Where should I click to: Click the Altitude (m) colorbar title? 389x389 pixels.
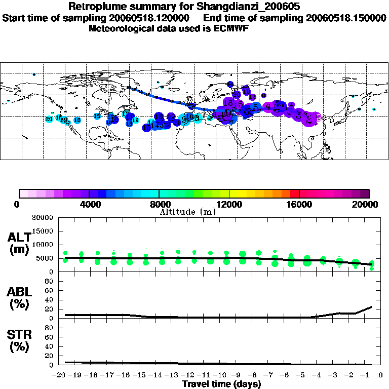(187, 212)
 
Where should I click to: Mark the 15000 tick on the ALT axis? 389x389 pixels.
(44, 231)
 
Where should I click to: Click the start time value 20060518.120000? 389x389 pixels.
(154, 18)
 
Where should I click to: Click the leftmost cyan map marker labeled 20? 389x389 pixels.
(49, 119)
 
